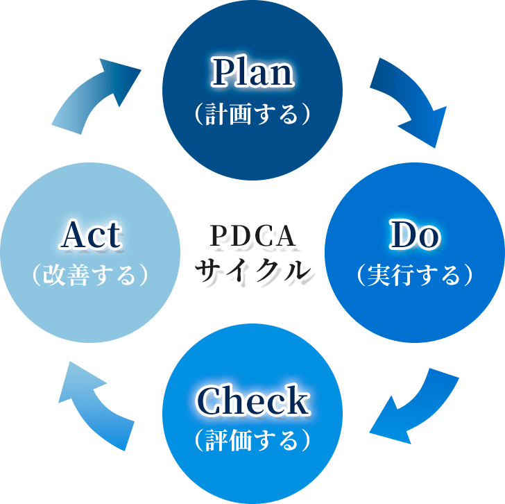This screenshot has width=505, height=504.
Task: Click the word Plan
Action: (x=252, y=72)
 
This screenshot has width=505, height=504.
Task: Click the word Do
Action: (x=414, y=236)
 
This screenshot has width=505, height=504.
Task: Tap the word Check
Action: (x=252, y=401)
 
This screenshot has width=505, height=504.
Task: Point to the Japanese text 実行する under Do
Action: (x=414, y=276)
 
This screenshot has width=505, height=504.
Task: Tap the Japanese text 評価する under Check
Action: (x=252, y=440)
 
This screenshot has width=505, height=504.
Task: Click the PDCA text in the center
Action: (x=252, y=236)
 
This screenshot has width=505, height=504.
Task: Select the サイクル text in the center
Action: (x=252, y=268)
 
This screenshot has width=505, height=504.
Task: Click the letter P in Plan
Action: (x=221, y=72)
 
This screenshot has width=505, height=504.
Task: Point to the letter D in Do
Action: (x=402, y=236)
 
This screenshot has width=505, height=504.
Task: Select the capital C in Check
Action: (x=209, y=401)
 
